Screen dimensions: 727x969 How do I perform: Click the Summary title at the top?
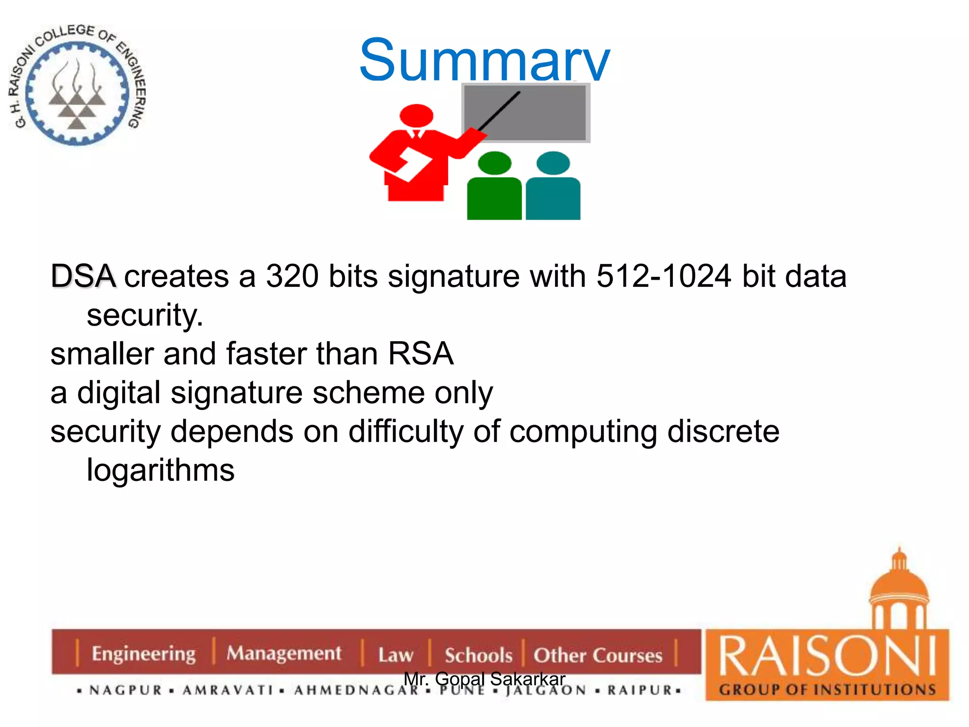click(x=484, y=61)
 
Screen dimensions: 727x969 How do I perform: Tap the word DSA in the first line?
click(x=83, y=276)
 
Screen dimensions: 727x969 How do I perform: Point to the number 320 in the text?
click(x=292, y=276)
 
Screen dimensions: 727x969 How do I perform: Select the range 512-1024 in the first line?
click(x=663, y=276)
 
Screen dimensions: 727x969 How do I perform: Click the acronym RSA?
click(x=421, y=354)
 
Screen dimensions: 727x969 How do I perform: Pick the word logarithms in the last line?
click(x=160, y=470)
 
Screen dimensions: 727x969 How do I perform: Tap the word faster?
click(x=266, y=354)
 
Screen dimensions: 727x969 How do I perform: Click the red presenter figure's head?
click(x=416, y=115)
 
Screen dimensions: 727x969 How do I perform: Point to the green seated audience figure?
click(x=494, y=189)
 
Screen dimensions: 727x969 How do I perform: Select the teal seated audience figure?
click(x=553, y=189)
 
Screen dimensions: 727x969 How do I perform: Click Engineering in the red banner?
click(x=143, y=654)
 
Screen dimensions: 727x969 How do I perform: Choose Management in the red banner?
click(x=283, y=654)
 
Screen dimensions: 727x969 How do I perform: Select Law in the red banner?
click(x=396, y=655)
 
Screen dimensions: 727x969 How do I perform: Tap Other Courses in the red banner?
click(x=598, y=655)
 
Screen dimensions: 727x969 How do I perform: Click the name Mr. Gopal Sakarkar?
click(x=484, y=679)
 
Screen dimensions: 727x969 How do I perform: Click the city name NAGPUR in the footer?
click(x=125, y=690)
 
